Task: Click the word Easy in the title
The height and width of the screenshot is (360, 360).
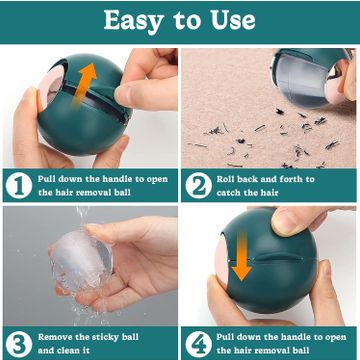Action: (x=133, y=21)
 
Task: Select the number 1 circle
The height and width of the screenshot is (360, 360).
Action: (x=19, y=185)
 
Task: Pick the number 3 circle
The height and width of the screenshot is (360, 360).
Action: (x=19, y=344)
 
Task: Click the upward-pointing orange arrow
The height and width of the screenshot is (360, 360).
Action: (x=84, y=84)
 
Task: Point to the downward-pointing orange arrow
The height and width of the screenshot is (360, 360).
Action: (x=242, y=256)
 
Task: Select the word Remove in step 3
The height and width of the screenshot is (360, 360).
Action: (x=54, y=337)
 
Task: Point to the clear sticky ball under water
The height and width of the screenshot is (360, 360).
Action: (x=81, y=260)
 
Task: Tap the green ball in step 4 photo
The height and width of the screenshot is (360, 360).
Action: (x=267, y=261)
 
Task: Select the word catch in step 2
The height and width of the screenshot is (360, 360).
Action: (x=229, y=193)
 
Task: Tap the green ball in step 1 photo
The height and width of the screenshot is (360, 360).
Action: (x=84, y=106)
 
